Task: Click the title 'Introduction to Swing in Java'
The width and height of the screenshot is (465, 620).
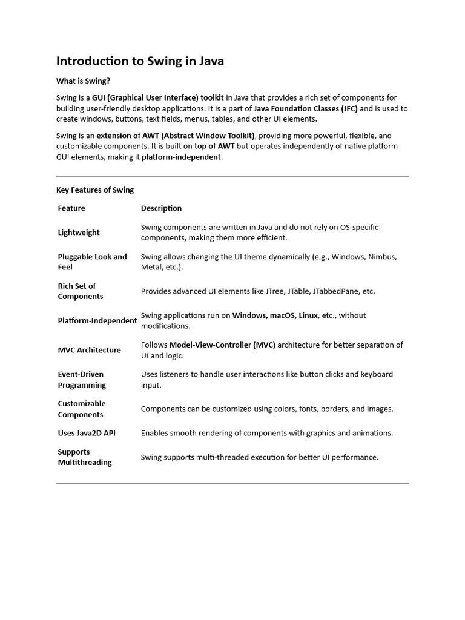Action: click(140, 61)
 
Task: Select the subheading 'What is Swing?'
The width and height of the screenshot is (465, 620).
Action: click(84, 81)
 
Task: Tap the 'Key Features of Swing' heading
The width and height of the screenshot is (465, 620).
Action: click(95, 190)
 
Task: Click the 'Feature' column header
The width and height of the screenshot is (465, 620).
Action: click(71, 208)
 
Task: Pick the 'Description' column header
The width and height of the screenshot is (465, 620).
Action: click(161, 208)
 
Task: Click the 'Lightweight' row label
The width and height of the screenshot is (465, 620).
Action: click(79, 232)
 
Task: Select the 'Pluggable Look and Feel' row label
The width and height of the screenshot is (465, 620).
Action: click(92, 262)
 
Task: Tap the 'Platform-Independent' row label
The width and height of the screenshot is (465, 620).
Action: click(97, 320)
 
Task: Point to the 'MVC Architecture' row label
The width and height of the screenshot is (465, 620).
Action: click(89, 350)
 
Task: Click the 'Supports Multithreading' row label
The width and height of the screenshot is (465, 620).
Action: click(85, 457)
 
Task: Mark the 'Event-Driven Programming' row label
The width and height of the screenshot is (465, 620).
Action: click(82, 380)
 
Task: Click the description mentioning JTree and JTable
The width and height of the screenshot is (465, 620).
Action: click(258, 291)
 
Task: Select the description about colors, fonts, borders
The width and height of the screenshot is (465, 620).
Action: click(267, 409)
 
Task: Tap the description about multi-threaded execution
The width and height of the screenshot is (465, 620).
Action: click(260, 457)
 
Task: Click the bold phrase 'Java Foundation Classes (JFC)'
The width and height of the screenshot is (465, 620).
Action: click(306, 109)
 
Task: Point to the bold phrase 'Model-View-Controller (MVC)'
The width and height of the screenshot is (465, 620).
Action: click(222, 345)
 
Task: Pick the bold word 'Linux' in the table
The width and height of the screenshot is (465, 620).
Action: click(308, 315)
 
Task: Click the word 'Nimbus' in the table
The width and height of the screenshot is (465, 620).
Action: click(382, 257)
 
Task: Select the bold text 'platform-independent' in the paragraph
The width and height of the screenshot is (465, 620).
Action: click(182, 157)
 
